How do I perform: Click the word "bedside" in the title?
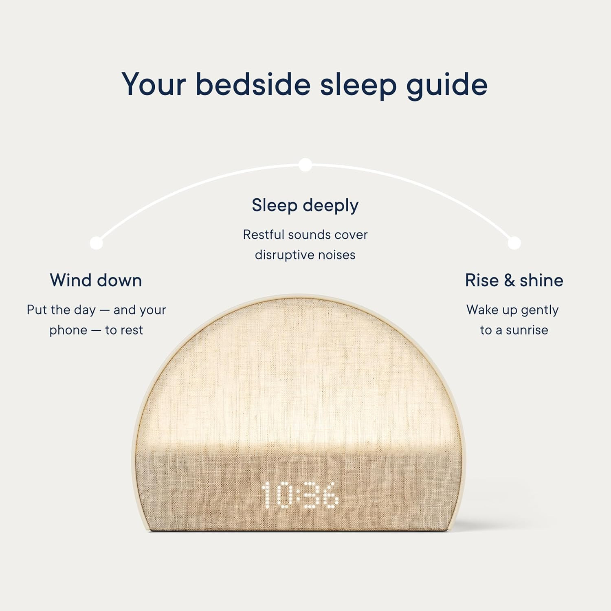click(253, 85)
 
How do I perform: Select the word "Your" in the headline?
click(154, 85)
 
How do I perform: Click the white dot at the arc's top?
click(305, 165)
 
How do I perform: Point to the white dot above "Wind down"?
click(96, 243)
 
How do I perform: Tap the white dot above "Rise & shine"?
click(514, 243)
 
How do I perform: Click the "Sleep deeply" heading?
click(305, 206)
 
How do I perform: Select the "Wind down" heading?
click(96, 281)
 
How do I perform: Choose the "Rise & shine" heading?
click(514, 281)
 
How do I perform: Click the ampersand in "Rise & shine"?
click(509, 281)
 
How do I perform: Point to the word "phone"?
click(68, 330)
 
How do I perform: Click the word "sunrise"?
click(527, 330)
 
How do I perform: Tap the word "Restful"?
click(263, 235)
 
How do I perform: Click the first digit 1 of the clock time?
click(267, 495)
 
